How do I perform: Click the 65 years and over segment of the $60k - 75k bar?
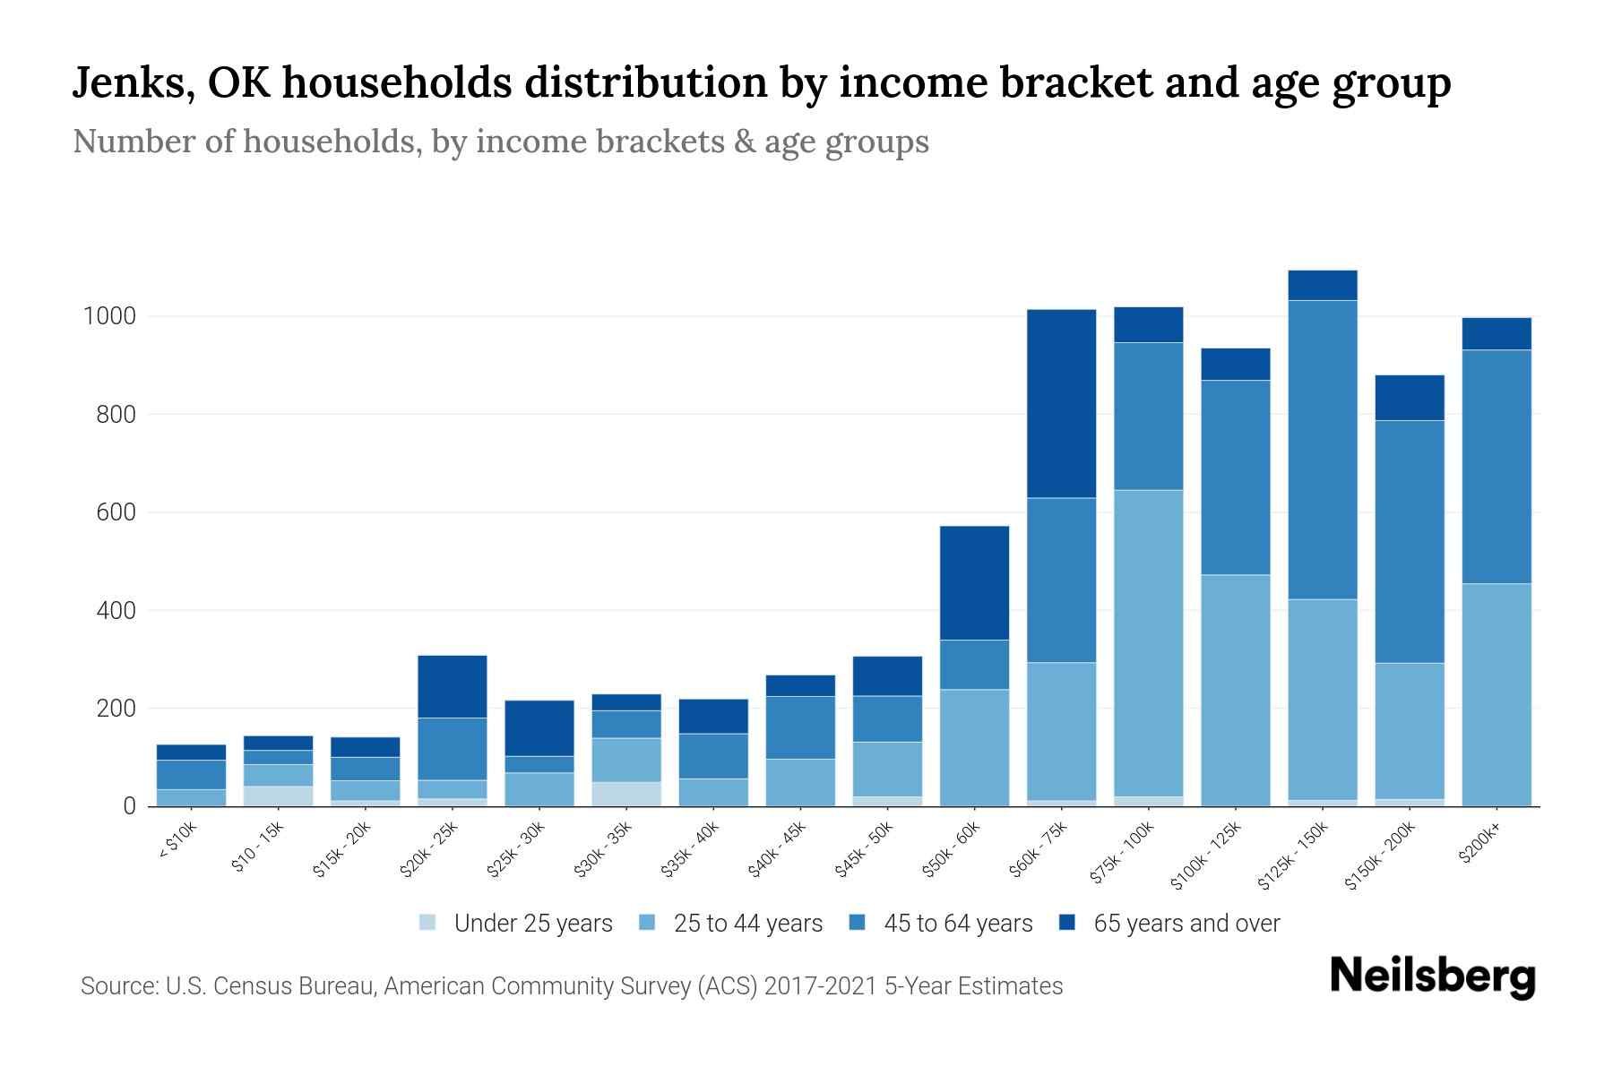[x=1061, y=403]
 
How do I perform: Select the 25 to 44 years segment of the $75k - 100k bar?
[x=1148, y=642]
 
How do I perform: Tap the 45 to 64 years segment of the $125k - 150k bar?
[x=1322, y=450]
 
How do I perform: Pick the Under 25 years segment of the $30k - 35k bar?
[x=625, y=794]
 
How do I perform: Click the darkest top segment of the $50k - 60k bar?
[x=974, y=582]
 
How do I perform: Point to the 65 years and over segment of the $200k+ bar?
[x=1496, y=333]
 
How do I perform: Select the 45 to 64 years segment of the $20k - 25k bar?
[x=452, y=749]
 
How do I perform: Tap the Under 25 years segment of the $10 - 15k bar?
[x=278, y=795]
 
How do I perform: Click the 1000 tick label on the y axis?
[x=108, y=316]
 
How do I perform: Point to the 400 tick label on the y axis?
[x=116, y=611]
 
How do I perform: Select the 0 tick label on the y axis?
[x=129, y=806]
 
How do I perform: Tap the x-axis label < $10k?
[x=177, y=842]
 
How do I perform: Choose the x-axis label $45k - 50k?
[x=864, y=850]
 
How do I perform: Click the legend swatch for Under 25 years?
[x=428, y=923]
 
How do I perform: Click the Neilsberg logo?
[x=1432, y=977]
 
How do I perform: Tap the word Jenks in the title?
[x=127, y=82]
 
